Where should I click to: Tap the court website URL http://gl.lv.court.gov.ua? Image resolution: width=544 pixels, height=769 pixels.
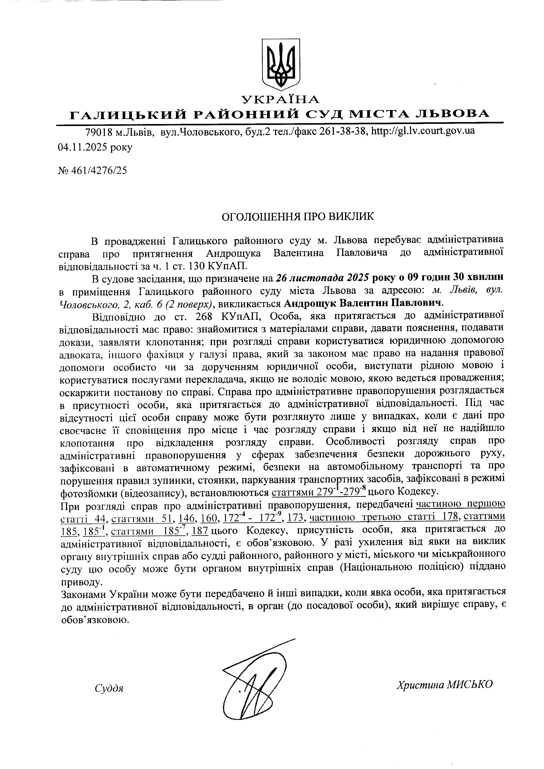[423, 131]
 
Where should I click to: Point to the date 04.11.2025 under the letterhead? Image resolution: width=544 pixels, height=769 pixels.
[83, 147]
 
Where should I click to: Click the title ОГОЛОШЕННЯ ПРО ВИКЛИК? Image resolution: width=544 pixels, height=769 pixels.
[298, 217]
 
